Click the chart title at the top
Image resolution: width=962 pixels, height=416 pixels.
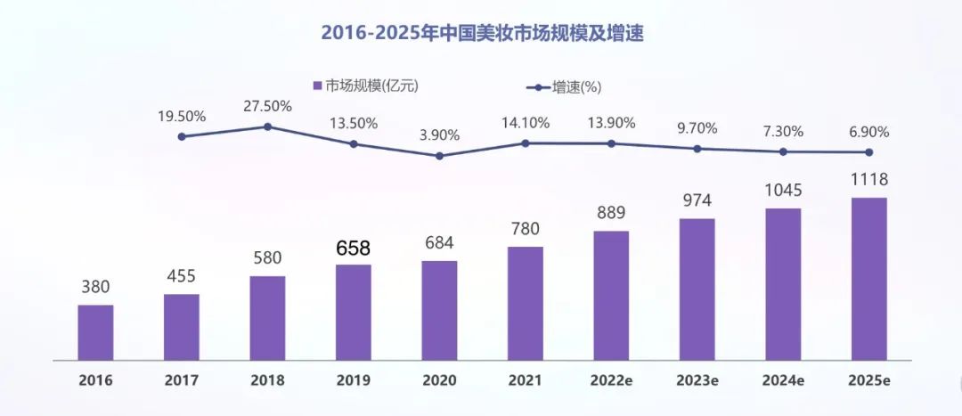[482, 35]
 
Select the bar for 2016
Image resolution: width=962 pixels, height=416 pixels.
[95, 332]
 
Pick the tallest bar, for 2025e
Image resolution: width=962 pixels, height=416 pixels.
[869, 278]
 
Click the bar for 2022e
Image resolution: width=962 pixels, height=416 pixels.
[611, 295]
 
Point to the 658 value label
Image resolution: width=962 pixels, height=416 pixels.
[353, 249]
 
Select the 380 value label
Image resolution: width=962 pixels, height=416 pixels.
[95, 288]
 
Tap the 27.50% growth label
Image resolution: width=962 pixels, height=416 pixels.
[267, 106]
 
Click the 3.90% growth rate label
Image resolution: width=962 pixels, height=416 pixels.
[439, 135]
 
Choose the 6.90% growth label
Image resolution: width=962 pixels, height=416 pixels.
[869, 132]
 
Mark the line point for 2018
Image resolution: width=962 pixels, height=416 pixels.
[267, 126]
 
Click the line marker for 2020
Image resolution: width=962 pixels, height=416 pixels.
[439, 156]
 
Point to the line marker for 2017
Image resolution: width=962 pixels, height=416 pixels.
[182, 136]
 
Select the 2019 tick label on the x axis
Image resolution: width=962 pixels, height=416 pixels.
[353, 380]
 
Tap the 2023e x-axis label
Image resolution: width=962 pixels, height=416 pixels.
[697, 380]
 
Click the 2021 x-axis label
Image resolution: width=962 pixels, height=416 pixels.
[525, 380]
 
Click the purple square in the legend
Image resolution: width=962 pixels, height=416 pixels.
[316, 86]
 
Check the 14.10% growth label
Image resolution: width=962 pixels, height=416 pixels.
[525, 123]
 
